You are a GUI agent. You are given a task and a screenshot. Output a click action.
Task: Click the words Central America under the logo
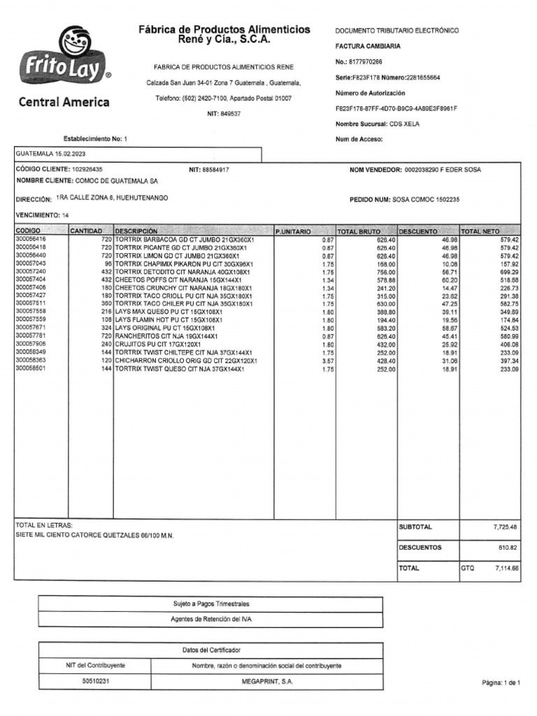(x=64, y=102)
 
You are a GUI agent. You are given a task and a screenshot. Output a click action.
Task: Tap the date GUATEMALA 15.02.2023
(x=51, y=154)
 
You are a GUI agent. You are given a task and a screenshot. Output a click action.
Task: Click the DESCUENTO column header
(x=418, y=231)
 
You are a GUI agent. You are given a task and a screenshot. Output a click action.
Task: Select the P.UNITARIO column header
(x=293, y=231)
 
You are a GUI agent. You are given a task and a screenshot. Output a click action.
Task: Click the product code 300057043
(x=31, y=264)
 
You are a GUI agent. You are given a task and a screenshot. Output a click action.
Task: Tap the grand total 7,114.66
(x=506, y=568)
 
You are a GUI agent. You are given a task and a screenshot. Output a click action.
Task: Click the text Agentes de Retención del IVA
(x=210, y=620)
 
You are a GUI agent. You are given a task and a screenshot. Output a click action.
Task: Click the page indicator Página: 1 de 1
(x=501, y=682)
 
